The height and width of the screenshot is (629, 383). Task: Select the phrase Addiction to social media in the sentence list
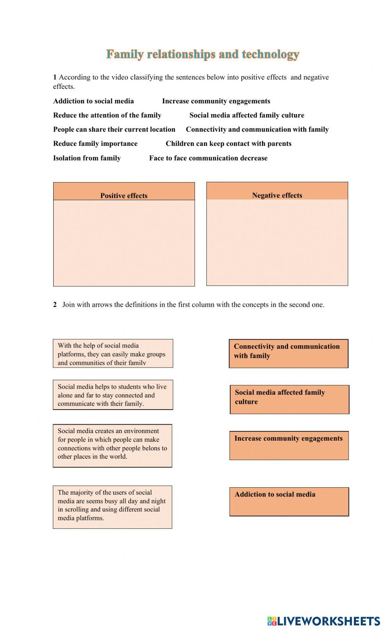pos(93,101)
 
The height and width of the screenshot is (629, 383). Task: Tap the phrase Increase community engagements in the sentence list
pos(216,101)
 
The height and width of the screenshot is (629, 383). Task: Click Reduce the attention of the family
pos(107,115)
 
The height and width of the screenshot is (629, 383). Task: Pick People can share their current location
pos(114,129)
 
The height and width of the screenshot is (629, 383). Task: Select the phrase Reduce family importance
pos(95,144)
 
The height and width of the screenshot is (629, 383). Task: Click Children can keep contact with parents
pos(228,144)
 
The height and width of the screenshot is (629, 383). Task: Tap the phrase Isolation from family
pos(87,158)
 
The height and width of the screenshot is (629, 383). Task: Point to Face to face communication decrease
pos(208,158)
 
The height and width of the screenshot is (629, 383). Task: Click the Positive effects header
pos(124,195)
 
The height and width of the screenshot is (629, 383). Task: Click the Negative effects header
pos(277,195)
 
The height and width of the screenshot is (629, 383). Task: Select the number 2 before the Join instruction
pos(55,305)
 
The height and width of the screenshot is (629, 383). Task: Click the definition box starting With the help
pos(113,353)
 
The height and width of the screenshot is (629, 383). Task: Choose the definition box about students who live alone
pos(113,395)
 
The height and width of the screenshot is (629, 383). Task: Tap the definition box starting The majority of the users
pos(112,507)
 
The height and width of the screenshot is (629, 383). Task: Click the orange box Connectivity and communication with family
pos(288,353)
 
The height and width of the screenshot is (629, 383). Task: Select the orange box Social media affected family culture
pos(289,399)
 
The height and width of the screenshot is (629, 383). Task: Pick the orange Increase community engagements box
pos(289,445)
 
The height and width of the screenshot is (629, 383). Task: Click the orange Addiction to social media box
pos(289,502)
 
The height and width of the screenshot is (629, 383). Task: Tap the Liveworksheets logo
pos(323,621)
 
